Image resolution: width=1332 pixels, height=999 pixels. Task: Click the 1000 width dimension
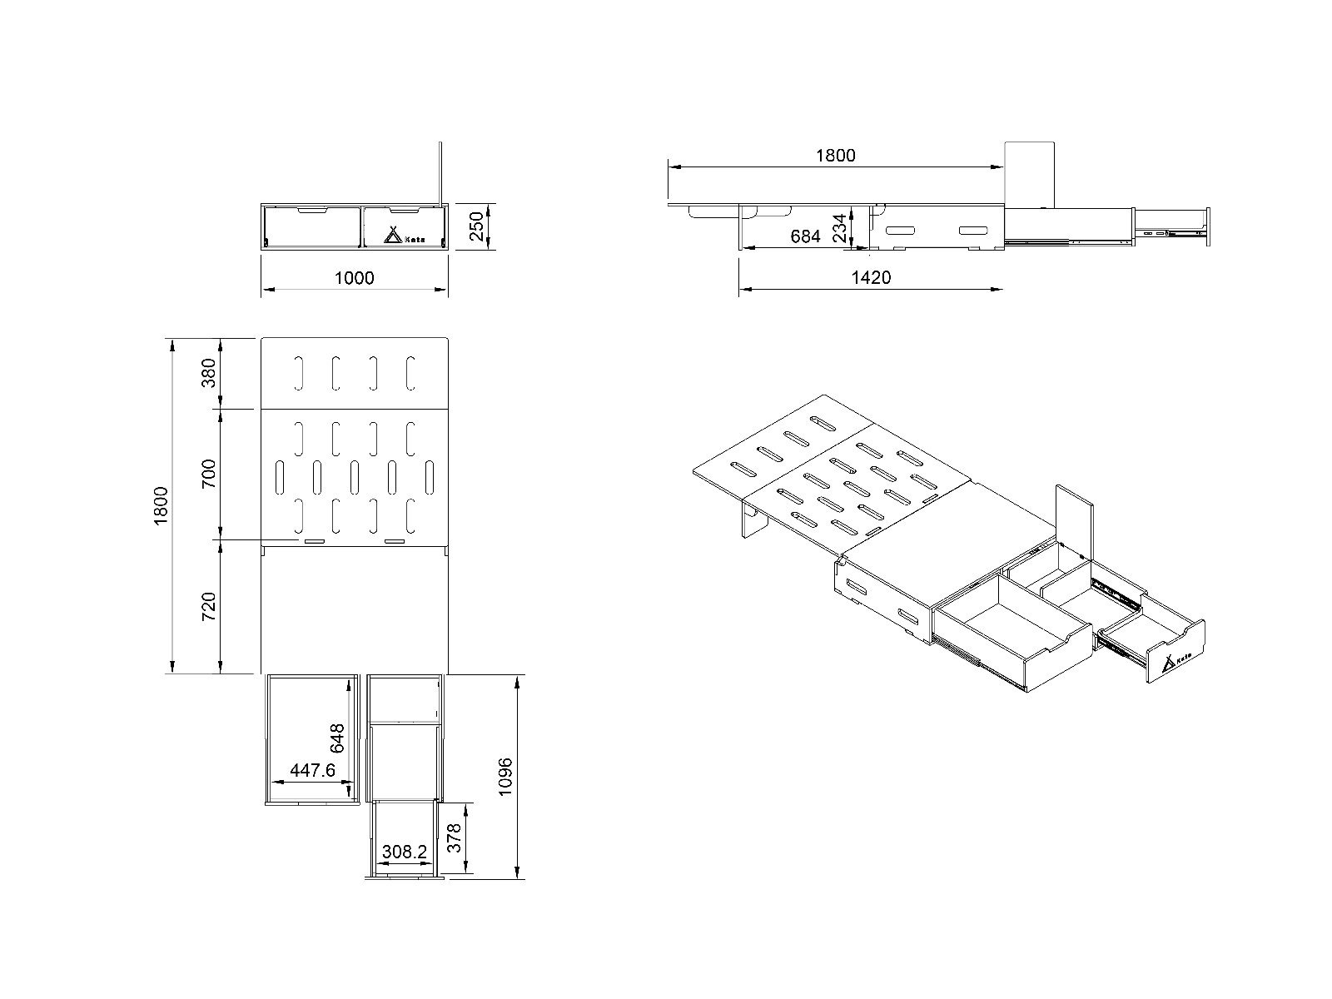(x=354, y=277)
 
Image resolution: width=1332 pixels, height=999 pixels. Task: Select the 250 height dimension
(x=476, y=226)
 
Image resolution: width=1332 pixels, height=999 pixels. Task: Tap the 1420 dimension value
(x=871, y=277)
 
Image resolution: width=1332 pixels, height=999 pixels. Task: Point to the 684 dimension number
(x=805, y=236)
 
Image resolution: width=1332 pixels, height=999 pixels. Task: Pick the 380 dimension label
(x=209, y=373)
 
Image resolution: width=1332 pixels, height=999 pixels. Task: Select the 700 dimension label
(x=209, y=473)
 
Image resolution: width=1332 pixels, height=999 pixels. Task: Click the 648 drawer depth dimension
(x=336, y=739)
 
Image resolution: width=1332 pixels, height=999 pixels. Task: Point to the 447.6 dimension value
(x=312, y=771)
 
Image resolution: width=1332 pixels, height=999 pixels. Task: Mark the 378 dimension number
(x=454, y=838)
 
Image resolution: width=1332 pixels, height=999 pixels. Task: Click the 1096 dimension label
(x=505, y=778)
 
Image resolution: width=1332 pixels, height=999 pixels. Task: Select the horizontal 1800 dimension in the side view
(x=835, y=155)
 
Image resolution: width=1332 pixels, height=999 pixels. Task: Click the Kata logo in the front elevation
(x=404, y=236)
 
